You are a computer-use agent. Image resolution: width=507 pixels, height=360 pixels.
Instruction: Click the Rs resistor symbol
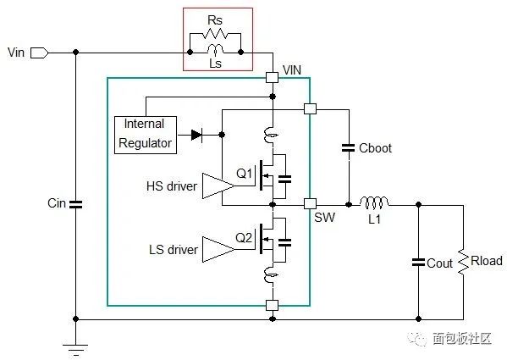coord(215,33)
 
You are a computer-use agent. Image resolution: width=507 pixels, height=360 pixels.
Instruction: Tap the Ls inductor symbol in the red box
coord(215,49)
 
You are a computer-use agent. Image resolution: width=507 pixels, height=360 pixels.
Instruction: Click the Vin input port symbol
coord(40,53)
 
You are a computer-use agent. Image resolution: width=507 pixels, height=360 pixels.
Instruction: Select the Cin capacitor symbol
coord(75,204)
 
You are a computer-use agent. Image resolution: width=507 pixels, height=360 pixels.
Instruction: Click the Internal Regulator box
coord(146,135)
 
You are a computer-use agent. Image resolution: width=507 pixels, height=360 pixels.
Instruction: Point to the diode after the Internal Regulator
coord(196,135)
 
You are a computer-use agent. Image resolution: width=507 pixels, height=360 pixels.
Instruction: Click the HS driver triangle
coord(218,186)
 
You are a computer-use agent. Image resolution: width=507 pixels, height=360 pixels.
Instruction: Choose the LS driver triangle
coord(218,249)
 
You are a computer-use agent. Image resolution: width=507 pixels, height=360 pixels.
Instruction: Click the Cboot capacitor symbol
coord(349,148)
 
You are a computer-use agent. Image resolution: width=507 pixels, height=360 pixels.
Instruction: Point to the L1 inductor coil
coord(374,202)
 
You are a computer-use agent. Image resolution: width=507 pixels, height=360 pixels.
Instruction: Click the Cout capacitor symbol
coord(418,263)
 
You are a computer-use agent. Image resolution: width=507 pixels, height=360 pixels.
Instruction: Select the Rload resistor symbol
coord(464,262)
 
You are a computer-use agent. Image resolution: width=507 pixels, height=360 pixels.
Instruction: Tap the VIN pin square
coord(272,78)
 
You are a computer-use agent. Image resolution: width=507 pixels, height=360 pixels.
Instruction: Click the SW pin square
coord(310,204)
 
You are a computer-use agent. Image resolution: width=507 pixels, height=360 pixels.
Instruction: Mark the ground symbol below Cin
coord(75,350)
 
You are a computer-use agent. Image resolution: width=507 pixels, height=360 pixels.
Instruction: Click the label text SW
coord(325,218)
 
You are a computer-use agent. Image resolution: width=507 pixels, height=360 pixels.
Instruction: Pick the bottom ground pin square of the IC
coord(272,305)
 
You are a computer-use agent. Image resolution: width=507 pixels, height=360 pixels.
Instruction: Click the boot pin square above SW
coord(310,108)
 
